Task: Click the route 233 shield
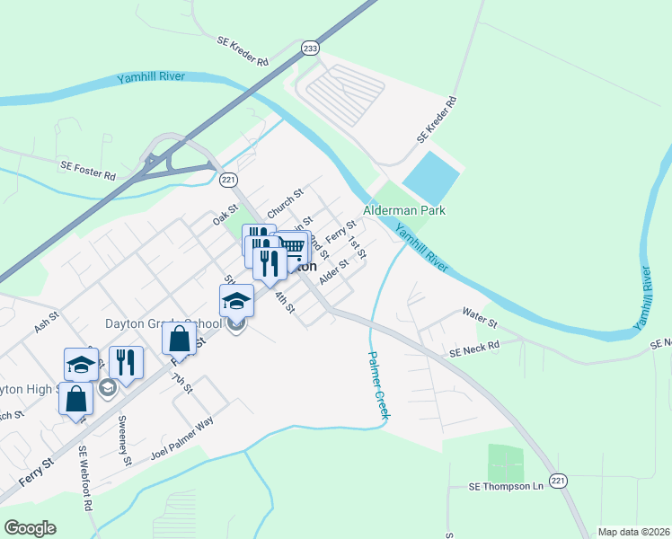tap(310, 49)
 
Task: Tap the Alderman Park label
tap(404, 210)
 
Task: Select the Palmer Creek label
tap(378, 384)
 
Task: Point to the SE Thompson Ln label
tap(507, 486)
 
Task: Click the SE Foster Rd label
tap(88, 166)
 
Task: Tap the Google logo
tap(30, 528)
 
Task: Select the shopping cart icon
tap(292, 246)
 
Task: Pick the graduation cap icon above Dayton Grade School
tap(237, 300)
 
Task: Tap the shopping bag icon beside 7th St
tap(180, 339)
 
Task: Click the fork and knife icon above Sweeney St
tap(126, 362)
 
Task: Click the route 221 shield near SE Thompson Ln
tap(559, 482)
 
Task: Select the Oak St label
tap(225, 215)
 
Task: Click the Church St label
tap(286, 197)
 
